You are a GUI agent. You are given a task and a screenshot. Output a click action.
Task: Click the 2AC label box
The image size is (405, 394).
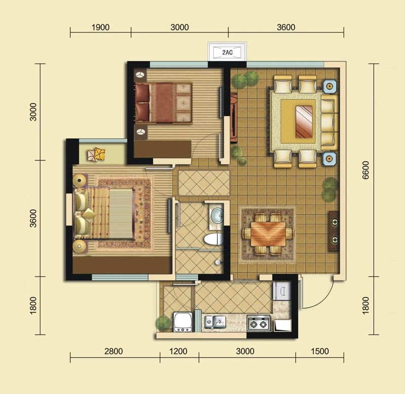tap(227, 52)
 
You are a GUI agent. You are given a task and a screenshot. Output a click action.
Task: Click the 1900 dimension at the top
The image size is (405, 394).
tap(100, 27)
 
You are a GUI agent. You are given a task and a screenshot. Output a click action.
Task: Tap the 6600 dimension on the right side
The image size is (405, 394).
tap(366, 170)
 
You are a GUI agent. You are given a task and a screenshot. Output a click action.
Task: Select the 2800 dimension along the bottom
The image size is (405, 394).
tap(113, 351)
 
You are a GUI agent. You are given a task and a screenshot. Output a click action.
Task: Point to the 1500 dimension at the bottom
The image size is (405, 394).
tap(319, 351)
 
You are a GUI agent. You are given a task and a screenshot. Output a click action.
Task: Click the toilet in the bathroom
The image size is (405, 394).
tap(213, 239)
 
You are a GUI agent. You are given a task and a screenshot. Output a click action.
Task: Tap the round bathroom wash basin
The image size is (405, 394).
tap(217, 215)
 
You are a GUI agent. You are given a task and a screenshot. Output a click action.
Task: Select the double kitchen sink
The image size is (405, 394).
tap(215, 322)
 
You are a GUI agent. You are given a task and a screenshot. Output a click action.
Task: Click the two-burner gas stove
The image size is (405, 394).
tap(258, 323)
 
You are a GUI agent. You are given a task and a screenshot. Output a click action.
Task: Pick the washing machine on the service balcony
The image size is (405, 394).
tap(183, 322)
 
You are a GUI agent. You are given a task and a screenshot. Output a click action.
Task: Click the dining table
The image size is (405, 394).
tap(268, 234)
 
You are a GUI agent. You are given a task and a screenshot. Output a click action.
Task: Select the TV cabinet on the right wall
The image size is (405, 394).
tap(334, 231)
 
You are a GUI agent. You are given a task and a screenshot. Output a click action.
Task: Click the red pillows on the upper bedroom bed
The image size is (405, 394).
tap(142, 103)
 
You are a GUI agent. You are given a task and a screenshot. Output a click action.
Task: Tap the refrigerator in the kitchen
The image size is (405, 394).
tap(282, 291)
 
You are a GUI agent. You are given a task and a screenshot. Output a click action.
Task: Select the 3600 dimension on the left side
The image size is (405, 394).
tap(33, 218)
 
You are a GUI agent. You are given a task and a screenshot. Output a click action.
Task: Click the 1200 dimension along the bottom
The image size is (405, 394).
tap(178, 351)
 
